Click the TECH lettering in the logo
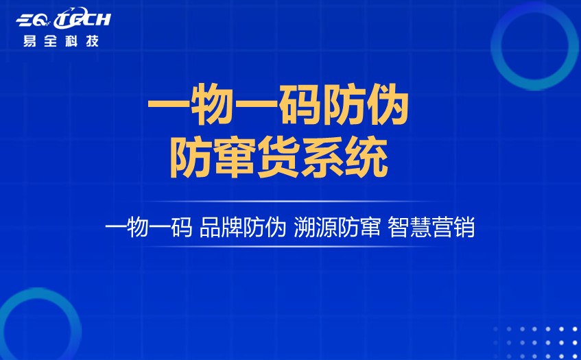pos(84,20)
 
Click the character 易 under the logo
pos(30,40)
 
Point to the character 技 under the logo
pos(91,40)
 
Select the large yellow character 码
pos(278,108)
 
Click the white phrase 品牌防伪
pos(242,227)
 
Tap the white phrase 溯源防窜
pos(337,227)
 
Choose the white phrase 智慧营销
pos(431,227)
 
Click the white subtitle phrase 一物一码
pos(148,227)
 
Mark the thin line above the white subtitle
pos(290,202)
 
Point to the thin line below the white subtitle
pos(290,247)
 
